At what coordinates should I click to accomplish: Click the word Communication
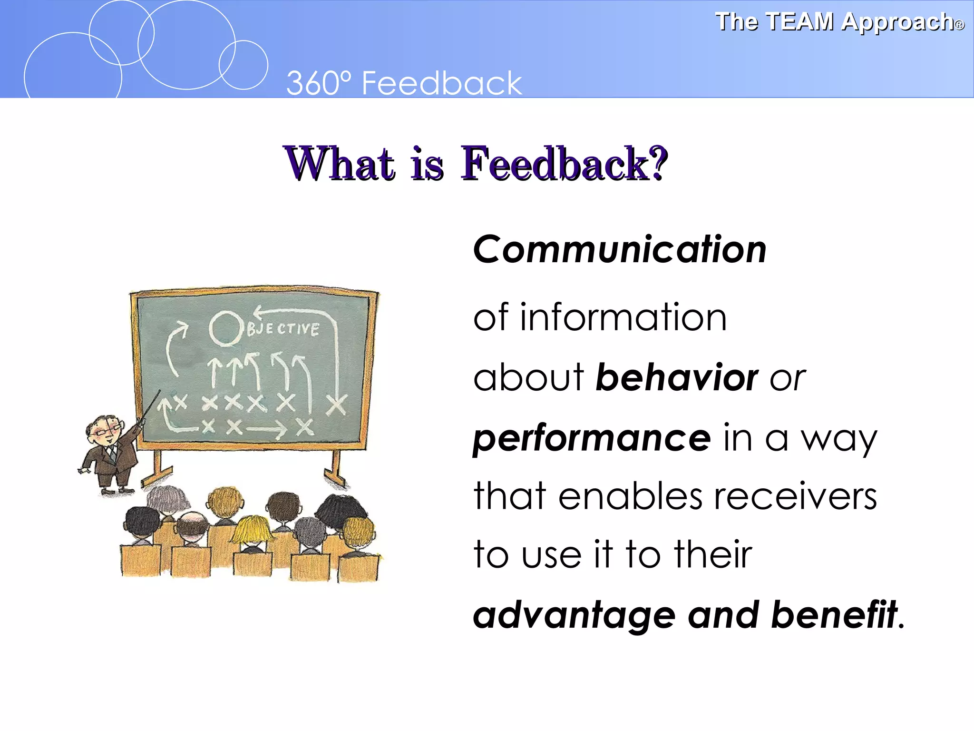click(x=619, y=249)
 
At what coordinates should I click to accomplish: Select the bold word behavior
click(x=676, y=377)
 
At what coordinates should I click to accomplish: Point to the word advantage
click(x=574, y=615)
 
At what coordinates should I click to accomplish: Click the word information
click(x=623, y=317)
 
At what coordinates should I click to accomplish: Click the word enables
click(x=630, y=496)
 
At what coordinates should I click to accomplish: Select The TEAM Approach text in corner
click(x=839, y=22)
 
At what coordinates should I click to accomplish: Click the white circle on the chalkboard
click(x=225, y=328)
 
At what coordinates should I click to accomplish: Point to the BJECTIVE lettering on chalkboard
click(x=282, y=329)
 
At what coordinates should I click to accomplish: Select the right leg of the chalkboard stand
click(x=335, y=469)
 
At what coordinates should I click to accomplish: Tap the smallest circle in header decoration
click(x=243, y=65)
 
